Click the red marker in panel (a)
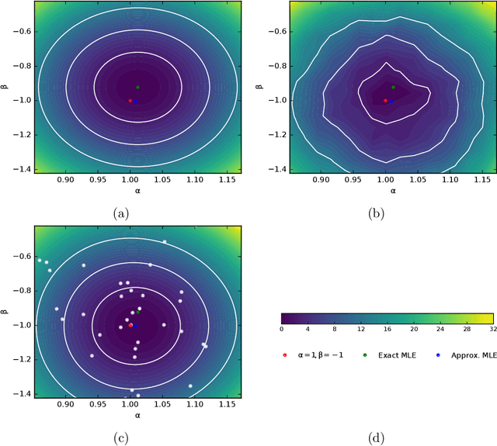[130, 100]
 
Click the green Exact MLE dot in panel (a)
[137, 87]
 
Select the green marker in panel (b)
[393, 87]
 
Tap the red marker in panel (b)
[385, 100]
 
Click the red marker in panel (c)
[130, 325]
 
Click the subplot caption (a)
[121, 213]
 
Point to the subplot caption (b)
[377, 213]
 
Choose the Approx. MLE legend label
[470, 354]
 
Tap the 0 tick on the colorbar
[281, 330]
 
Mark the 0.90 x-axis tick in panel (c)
[65, 404]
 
